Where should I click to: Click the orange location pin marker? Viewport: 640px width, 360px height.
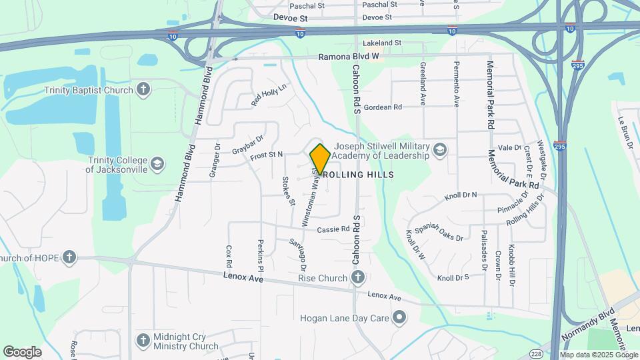point(320,159)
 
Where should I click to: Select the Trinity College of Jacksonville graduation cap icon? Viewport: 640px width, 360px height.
point(157,164)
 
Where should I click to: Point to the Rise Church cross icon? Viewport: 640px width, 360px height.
point(358,277)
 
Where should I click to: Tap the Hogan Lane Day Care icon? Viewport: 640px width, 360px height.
point(399,318)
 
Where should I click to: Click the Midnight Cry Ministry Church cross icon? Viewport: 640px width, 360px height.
point(143,341)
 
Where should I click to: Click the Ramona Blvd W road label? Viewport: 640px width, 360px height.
point(348,57)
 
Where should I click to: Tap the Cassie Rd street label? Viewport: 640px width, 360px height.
point(333,229)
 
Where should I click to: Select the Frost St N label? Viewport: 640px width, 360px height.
point(266,155)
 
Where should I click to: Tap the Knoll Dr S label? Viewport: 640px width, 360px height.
point(453,277)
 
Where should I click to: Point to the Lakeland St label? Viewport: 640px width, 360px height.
point(383,43)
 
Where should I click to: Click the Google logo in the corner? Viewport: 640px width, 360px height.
point(23,351)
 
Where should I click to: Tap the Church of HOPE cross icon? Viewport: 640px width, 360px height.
point(69,257)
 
